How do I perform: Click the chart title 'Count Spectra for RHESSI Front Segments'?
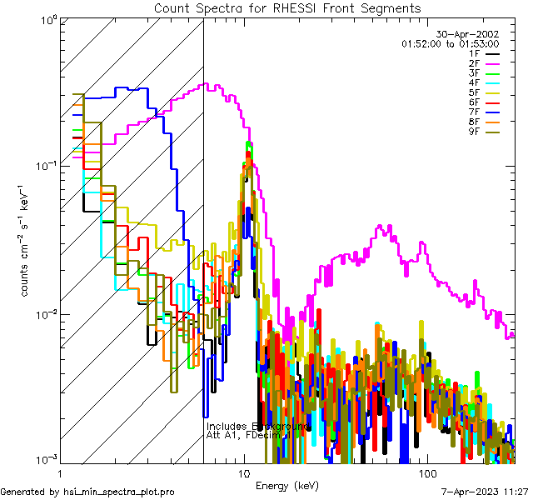tap(287, 8)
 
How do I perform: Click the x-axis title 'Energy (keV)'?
tap(286, 485)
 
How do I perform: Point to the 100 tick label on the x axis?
tap(426, 472)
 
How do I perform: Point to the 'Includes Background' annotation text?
tap(257, 427)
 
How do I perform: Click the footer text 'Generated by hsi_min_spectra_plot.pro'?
tap(88, 492)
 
